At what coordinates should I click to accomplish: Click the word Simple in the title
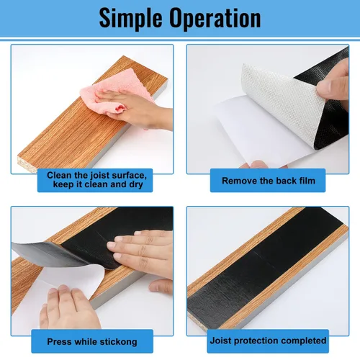coord(130,19)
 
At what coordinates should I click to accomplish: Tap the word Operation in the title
coord(215,19)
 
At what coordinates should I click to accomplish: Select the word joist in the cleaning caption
coord(100,176)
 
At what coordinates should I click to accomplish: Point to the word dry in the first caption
coord(136,185)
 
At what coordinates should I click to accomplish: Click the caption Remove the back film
coord(269,181)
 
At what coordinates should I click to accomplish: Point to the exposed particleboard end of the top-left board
coord(27,163)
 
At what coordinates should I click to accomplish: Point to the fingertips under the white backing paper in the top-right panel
coord(261,165)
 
